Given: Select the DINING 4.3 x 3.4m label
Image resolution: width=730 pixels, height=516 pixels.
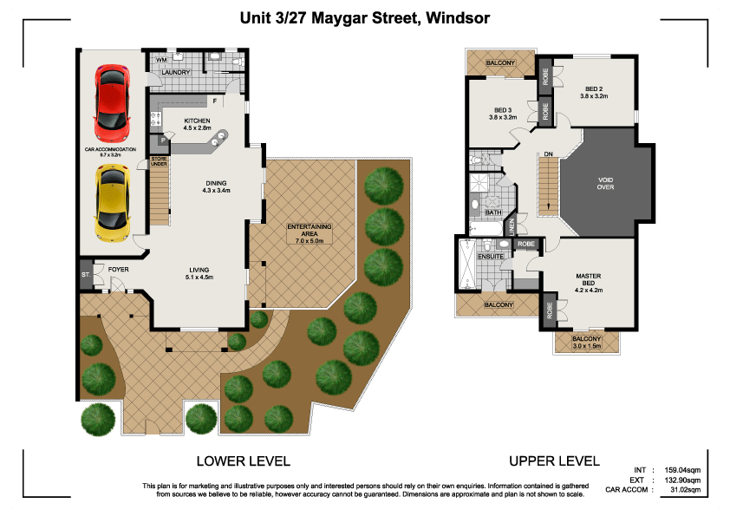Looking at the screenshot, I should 216,186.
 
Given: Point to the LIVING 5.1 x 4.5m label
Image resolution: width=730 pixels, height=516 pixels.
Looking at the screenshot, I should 199,273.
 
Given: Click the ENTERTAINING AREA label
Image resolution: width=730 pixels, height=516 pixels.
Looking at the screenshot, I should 309,232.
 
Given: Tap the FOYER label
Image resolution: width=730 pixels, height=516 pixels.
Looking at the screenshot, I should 118,268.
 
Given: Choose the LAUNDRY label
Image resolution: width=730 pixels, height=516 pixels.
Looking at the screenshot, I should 176,72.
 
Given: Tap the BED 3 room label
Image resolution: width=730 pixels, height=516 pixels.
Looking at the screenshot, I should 503,113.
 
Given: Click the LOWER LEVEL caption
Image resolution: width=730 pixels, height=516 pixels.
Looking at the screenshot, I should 243,460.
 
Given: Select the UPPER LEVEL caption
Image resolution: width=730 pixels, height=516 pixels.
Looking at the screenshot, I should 554,460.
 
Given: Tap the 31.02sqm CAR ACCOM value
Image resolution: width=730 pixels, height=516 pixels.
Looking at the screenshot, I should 684,491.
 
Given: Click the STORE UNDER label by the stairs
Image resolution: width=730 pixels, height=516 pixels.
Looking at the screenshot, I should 159,160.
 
